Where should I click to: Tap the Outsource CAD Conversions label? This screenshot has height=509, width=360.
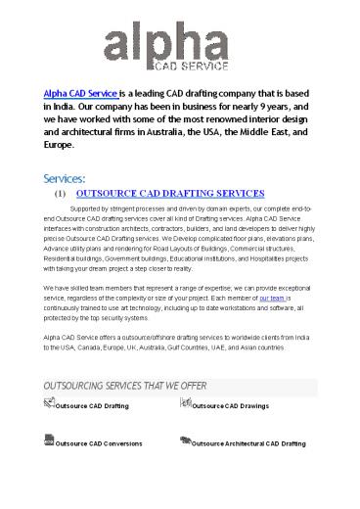[100, 443]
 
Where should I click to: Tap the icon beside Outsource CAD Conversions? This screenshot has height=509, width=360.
[50, 442]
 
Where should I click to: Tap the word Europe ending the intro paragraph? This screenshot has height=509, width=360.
[58, 142]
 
